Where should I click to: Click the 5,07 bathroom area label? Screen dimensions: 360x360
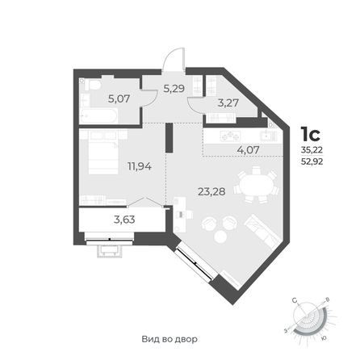119,98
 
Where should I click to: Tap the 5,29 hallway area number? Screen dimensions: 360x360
174,88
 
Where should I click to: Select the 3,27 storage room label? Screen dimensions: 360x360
228,103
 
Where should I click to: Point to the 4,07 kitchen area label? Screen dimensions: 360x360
248,149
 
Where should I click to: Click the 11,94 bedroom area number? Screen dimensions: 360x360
140,166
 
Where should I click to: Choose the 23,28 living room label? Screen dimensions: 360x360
211,191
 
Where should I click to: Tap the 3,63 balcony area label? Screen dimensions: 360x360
124,220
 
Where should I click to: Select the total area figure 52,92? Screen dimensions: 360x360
312,161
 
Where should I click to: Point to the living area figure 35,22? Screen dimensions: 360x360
312,150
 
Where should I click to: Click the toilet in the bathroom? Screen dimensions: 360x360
93,86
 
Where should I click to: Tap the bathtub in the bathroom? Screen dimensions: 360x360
98,116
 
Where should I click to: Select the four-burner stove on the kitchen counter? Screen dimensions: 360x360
230,136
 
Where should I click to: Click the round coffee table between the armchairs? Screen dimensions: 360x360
221,237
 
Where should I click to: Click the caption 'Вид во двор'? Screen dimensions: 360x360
170,339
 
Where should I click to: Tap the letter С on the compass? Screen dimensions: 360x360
295,300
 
